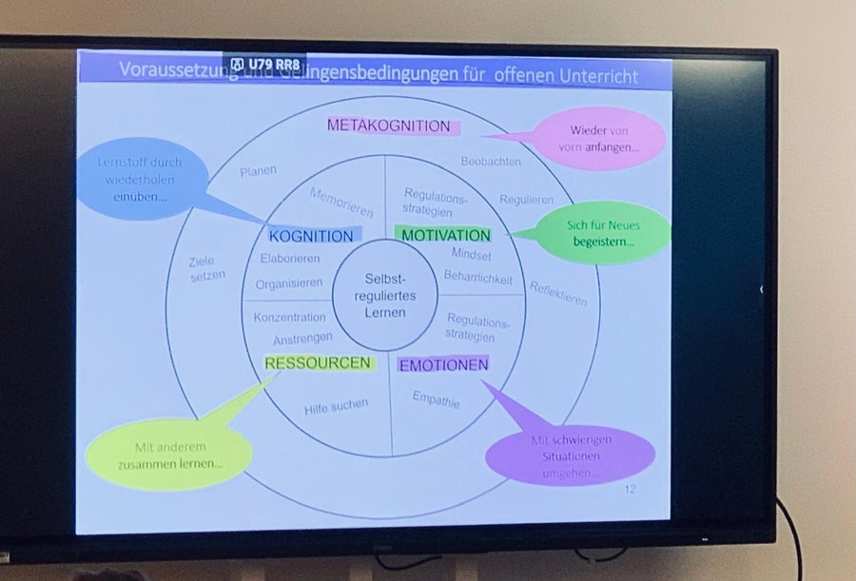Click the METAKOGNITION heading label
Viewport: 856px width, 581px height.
point(389,126)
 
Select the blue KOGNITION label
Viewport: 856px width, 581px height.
point(310,236)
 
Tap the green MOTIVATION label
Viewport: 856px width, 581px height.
point(446,235)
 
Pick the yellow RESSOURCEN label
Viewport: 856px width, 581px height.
point(318,362)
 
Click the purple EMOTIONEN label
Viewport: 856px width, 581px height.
point(443,364)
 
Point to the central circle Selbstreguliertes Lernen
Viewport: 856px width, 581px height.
point(384,295)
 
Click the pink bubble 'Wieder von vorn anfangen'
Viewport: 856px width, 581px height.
point(603,139)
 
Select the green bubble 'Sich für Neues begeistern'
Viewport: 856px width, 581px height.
point(603,233)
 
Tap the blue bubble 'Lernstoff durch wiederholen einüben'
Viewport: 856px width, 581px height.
point(139,179)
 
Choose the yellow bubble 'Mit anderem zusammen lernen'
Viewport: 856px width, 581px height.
point(169,455)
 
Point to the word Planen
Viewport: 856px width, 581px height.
point(258,171)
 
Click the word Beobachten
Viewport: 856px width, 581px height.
point(491,162)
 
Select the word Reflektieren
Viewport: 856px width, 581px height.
point(558,294)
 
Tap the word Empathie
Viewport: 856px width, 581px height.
point(436,401)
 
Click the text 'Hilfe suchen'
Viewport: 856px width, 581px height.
point(336,407)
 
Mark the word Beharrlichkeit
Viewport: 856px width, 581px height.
point(477,279)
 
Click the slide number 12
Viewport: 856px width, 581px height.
point(630,490)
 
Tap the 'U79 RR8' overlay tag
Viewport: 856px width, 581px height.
point(264,64)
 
